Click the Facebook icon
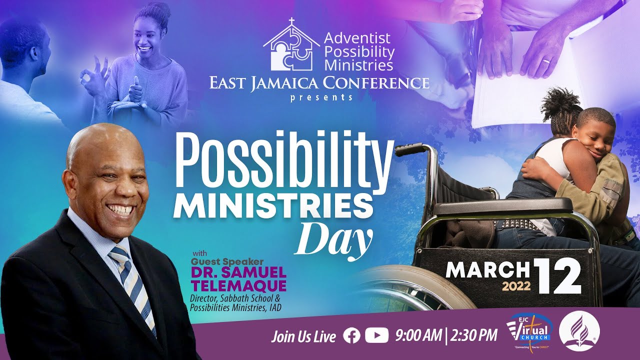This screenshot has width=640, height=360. click(x=351, y=336)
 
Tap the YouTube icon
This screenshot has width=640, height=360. click(x=376, y=336)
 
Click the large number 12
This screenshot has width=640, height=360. click(x=558, y=276)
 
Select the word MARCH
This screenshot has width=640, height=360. click(x=487, y=270)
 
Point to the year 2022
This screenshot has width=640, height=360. click(x=515, y=287)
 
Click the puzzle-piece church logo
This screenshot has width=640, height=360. click(x=290, y=47)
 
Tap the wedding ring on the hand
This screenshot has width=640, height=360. click(x=547, y=61)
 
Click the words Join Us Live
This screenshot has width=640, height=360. click(x=303, y=336)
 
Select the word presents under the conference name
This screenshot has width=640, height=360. click(x=321, y=97)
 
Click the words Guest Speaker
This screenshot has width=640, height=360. click(x=227, y=261)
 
